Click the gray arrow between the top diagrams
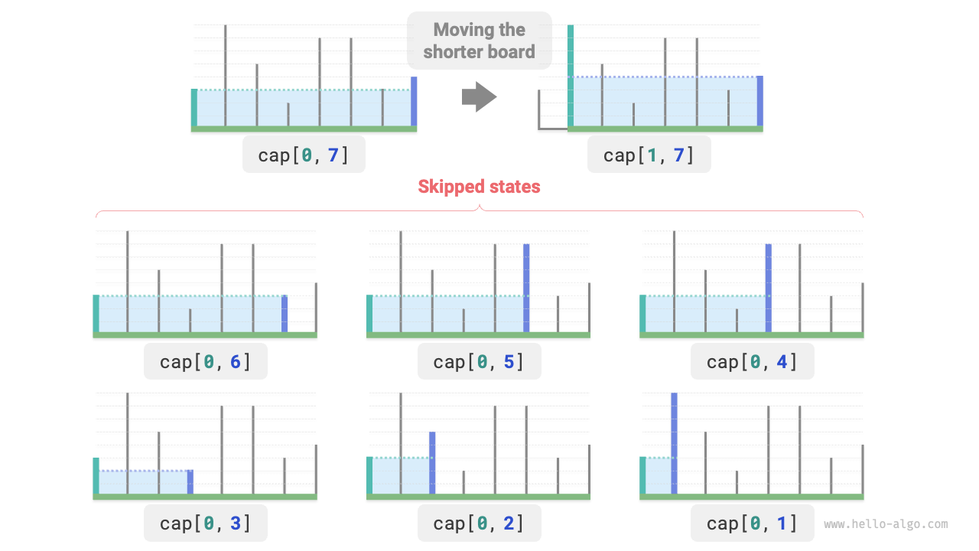480,97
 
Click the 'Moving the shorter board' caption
479,41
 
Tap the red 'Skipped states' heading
479,187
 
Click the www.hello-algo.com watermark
886,524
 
